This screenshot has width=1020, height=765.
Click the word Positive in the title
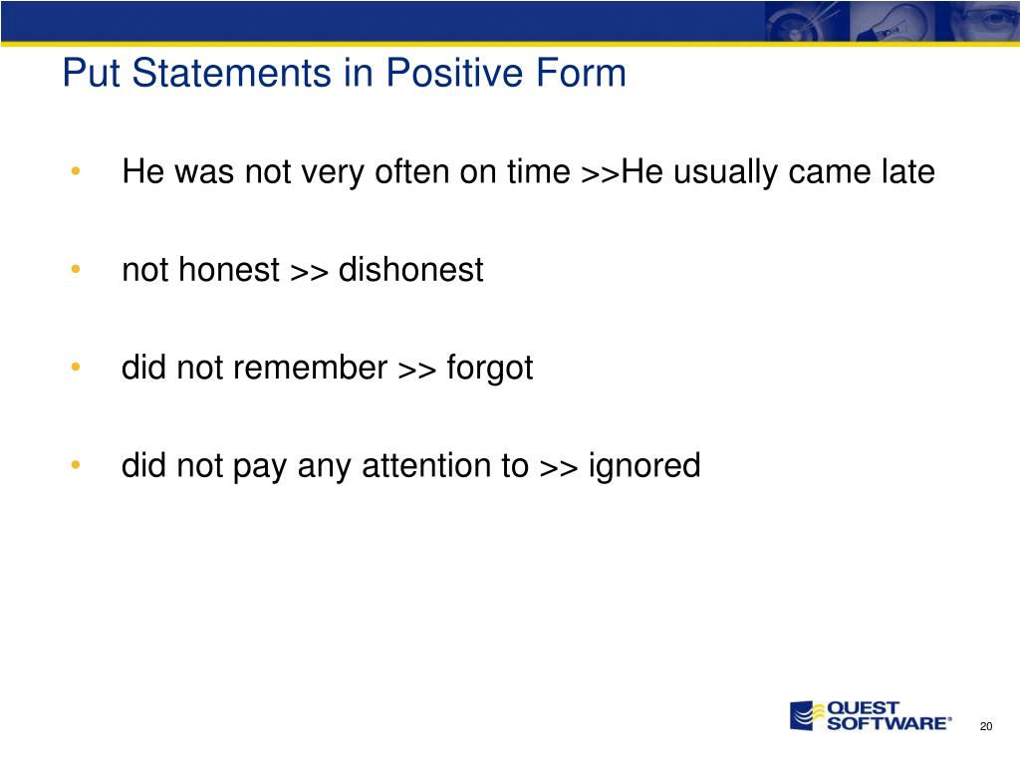[454, 72]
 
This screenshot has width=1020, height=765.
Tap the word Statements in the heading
[231, 72]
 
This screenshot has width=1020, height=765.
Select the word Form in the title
[581, 72]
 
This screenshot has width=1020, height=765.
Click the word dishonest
[410, 269]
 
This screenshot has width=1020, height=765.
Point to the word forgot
[489, 369]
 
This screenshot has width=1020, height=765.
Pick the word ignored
[644, 466]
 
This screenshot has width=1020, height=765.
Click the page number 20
[986, 726]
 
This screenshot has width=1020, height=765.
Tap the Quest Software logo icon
[803, 715]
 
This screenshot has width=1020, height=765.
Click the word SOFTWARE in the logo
[887, 723]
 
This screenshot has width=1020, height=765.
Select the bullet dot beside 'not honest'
[76, 269]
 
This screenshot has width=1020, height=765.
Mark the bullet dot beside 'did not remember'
[76, 367]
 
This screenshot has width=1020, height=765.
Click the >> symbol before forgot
[417, 370]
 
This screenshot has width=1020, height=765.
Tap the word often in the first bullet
[412, 171]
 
